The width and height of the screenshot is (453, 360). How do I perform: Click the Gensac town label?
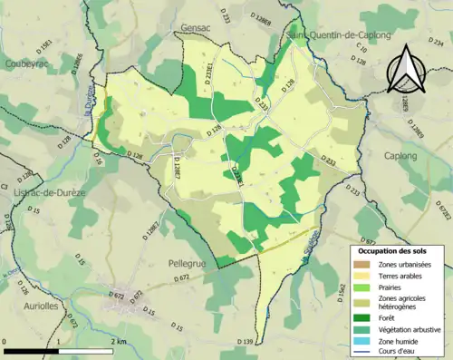197,29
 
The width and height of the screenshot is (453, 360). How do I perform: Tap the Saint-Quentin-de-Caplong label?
340,34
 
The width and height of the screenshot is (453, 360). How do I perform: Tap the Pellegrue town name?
190,263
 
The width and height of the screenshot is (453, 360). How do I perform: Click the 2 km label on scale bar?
118,341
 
